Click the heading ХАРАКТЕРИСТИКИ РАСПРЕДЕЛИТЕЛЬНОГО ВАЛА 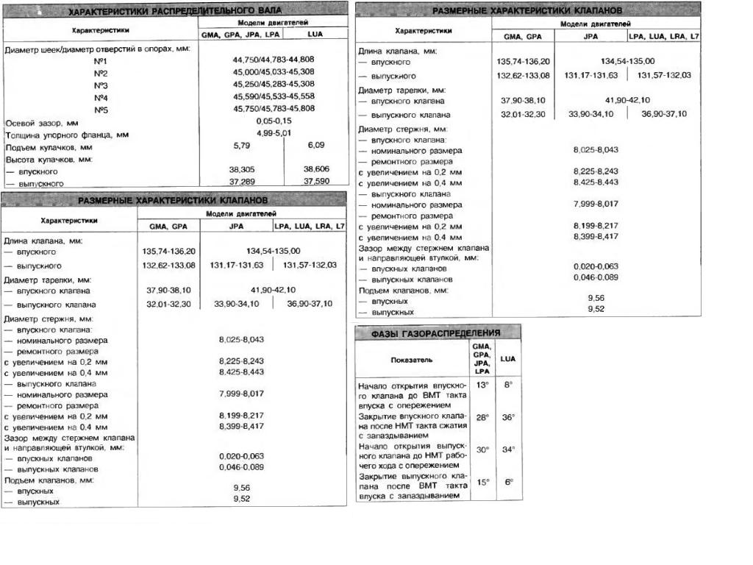click(x=174, y=12)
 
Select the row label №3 click(x=101, y=85)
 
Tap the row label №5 click(x=101, y=109)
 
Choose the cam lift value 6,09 click(x=316, y=145)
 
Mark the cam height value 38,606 click(x=316, y=169)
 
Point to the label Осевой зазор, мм click(x=42, y=123)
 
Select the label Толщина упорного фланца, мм click(x=67, y=135)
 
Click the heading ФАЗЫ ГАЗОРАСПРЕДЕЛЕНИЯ click(x=435, y=333)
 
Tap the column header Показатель click(x=412, y=360)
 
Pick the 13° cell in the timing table click(x=482, y=385)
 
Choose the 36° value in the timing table click(x=507, y=417)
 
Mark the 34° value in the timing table click(x=507, y=449)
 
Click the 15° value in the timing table click(x=482, y=482)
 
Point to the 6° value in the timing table click(x=507, y=482)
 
